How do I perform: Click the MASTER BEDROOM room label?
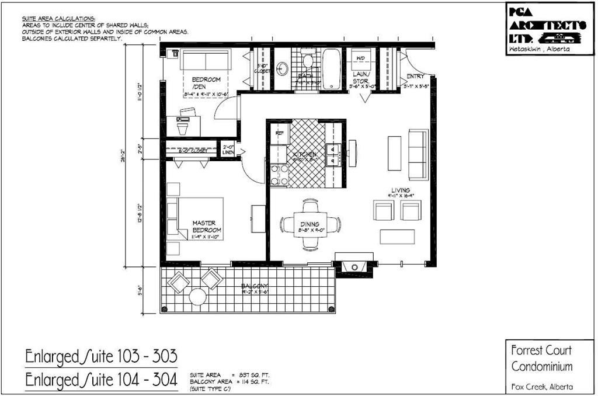tap(204, 227)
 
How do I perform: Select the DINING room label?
tap(310, 224)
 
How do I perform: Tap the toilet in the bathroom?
tap(308, 60)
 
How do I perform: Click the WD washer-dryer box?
tap(360, 60)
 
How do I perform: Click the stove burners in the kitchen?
tap(279, 175)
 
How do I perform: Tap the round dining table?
tap(310, 224)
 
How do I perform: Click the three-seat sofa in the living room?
tap(418, 154)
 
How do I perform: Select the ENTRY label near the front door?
tap(415, 77)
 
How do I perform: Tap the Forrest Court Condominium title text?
tap(542, 359)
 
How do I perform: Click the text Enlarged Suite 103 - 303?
tap(100, 356)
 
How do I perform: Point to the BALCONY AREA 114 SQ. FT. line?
tap(230, 381)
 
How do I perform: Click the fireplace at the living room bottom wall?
tap(354, 266)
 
